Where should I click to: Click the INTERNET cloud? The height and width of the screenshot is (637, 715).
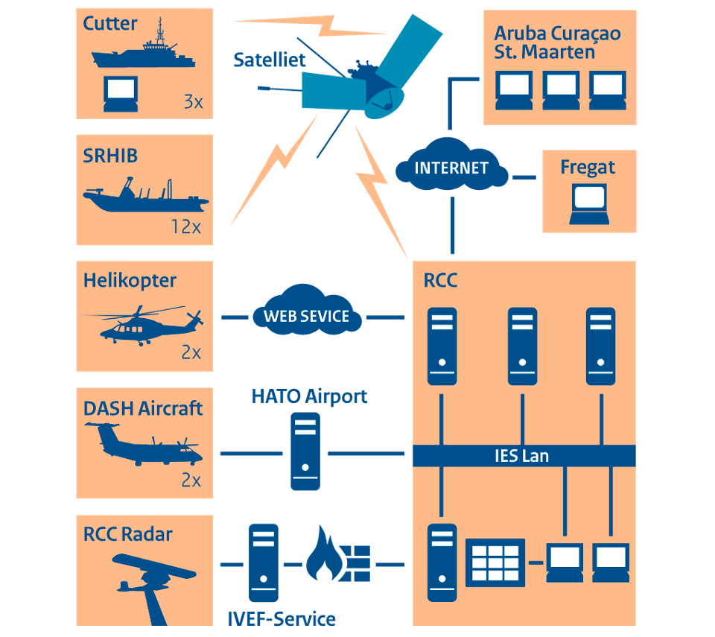[451, 168]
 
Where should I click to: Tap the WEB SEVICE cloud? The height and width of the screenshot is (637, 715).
[306, 315]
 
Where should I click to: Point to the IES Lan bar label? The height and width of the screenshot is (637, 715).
[521, 455]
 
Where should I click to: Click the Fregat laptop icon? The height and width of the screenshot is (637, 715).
[589, 203]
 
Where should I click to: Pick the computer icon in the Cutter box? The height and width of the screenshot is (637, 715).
[120, 94]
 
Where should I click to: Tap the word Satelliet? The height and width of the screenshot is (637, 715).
[270, 60]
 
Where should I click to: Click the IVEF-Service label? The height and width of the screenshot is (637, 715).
[281, 618]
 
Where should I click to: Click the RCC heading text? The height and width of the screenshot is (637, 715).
[440, 280]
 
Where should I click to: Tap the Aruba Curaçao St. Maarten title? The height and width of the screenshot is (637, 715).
[557, 42]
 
